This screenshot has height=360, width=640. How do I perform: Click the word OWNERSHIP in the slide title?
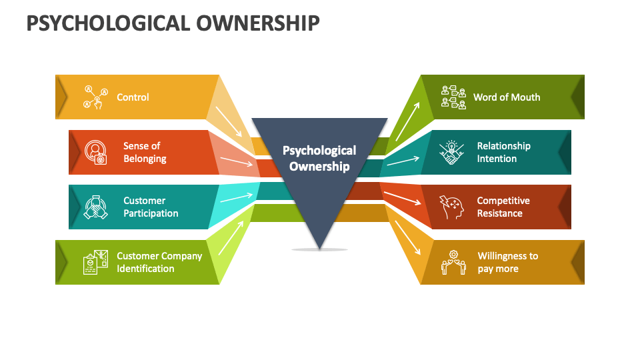pos(258,23)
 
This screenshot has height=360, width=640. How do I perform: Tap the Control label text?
pos(133,97)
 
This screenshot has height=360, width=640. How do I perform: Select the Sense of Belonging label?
pos(145,152)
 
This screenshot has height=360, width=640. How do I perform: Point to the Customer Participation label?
pos(151,207)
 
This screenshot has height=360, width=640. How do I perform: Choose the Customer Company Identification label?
pos(159,262)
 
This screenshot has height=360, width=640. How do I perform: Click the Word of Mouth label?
pos(507,97)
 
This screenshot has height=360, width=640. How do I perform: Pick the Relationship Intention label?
pos(504,152)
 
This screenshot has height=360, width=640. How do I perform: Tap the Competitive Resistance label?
pos(503,207)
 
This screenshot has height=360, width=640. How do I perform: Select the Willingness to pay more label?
pos(508,262)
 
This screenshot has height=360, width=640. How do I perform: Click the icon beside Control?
pos(95,97)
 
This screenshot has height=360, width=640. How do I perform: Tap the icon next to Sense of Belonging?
pos(95,152)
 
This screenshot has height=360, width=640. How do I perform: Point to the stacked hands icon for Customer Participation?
pos(95,207)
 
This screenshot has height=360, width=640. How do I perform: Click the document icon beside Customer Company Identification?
pos(95,262)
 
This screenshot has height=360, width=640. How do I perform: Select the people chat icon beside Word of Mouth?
pos(453,97)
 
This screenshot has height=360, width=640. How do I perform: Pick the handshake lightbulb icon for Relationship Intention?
pos(451,152)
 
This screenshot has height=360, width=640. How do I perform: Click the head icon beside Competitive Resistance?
pos(451,207)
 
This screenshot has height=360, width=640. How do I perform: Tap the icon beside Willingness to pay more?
pos(453,262)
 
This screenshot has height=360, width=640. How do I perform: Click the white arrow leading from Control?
pos(229,121)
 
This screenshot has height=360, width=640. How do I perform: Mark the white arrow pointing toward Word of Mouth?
pos(407,121)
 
